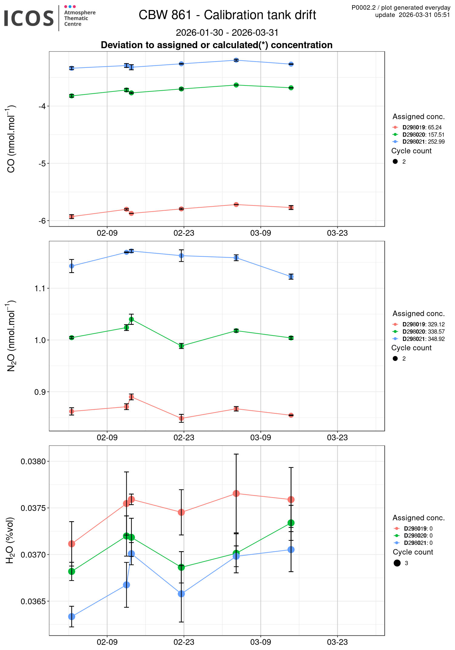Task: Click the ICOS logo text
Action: pyautogui.click(x=29, y=18)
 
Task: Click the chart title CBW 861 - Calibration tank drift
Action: pyautogui.click(x=227, y=15)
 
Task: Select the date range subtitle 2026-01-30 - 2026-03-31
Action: pyautogui.click(x=227, y=32)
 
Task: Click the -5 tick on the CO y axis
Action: pyautogui.click(x=42, y=163)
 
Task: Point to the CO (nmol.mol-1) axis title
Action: pyautogui.click(x=11, y=139)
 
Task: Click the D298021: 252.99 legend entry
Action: pyautogui.click(x=423, y=142)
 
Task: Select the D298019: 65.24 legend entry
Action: pyautogui.click(x=422, y=127)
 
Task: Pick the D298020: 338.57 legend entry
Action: pyautogui.click(x=423, y=332)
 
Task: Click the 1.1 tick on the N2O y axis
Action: pyautogui.click(x=40, y=288)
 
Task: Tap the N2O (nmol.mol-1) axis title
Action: pyautogui.click(x=11, y=336)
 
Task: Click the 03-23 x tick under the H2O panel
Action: pyautogui.click(x=337, y=642)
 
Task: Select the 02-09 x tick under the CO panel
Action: pyautogui.click(x=107, y=233)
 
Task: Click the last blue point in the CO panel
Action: pyautogui.click(x=291, y=64)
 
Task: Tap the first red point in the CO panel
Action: pyautogui.click(x=72, y=216)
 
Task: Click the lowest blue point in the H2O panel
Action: pyautogui.click(x=72, y=616)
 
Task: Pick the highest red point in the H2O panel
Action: pyautogui.click(x=236, y=494)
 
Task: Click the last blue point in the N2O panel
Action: pyautogui.click(x=291, y=276)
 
